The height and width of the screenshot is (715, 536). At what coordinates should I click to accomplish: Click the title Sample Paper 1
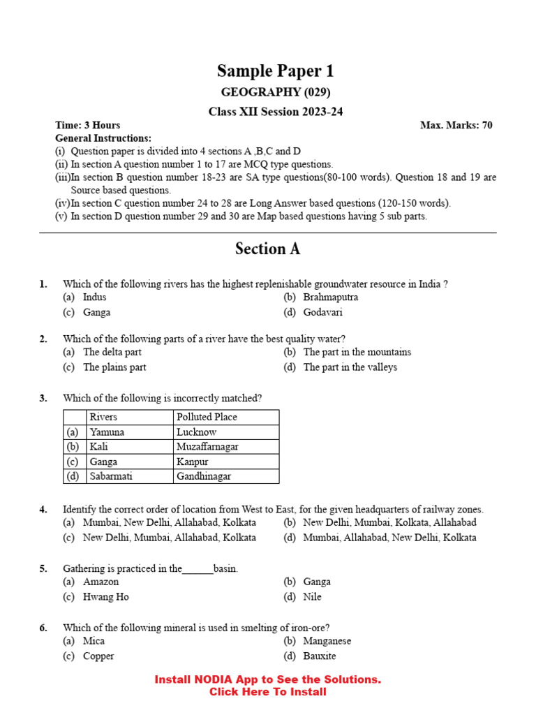pos(275,71)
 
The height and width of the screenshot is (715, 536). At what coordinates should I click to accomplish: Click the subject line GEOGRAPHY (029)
pos(276,93)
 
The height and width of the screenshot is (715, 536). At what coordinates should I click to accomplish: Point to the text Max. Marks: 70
pos(456,126)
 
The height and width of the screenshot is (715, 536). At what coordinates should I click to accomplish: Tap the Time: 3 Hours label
pos(88,126)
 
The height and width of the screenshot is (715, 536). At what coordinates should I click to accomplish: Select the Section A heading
pos(268,249)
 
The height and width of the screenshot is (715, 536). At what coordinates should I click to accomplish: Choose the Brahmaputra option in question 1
pos(330,297)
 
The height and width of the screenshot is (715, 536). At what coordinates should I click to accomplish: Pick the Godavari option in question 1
pos(324,313)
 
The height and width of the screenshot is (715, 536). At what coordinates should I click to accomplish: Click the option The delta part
pos(112,353)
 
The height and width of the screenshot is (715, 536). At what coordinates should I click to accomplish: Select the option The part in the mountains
pos(357,353)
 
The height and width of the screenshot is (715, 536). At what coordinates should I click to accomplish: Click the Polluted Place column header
pos(207,417)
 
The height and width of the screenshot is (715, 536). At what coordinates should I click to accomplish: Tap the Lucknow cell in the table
pos(196,432)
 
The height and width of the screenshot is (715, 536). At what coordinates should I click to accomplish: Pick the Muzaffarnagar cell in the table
pos(207,447)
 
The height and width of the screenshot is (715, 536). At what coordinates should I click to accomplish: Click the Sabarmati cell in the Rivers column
pos(111,477)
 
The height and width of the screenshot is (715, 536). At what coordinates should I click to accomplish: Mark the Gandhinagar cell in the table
pos(203,477)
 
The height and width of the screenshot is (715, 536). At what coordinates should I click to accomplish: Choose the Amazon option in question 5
pos(100,582)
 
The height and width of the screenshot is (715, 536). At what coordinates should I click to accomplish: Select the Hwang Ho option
pos(105,598)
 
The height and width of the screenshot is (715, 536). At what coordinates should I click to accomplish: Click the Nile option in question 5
pos(312,598)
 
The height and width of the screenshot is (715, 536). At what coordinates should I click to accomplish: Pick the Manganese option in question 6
pos(327,641)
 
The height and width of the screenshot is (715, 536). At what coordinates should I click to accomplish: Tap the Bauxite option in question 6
pos(319,656)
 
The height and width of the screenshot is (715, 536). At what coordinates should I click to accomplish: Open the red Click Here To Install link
pos(268,692)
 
